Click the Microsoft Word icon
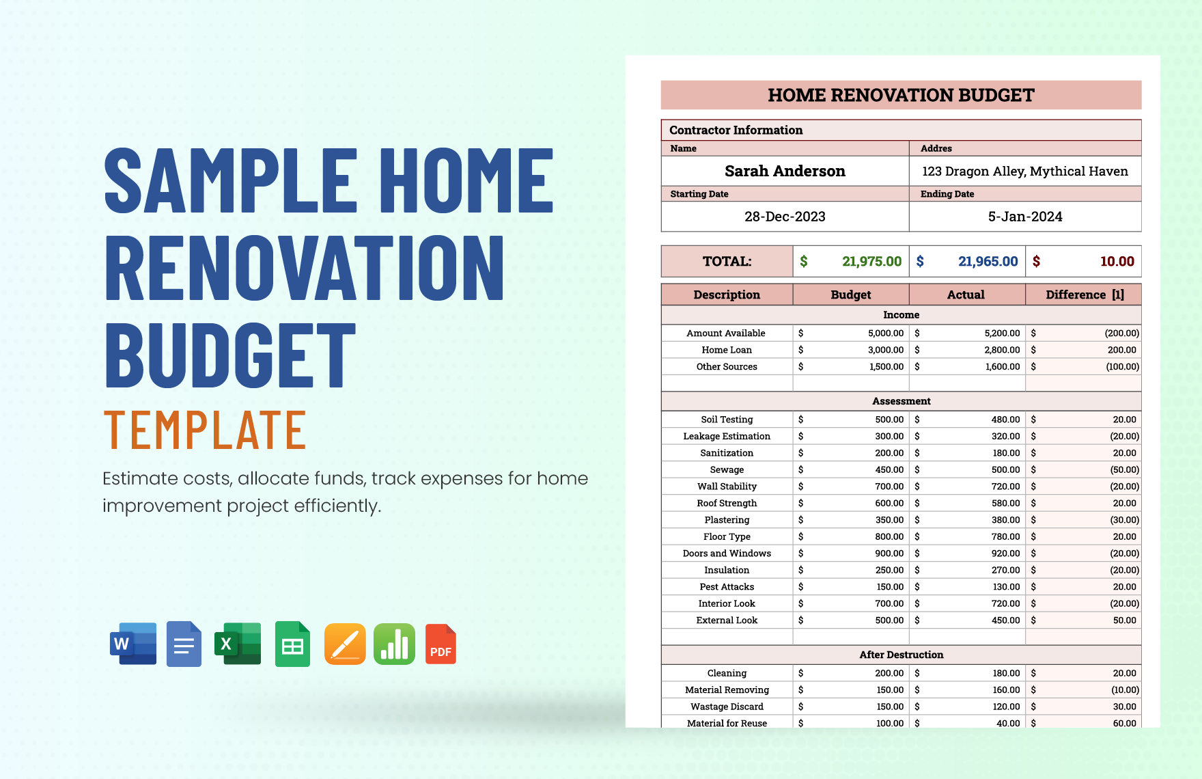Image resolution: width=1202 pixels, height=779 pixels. pyautogui.click(x=133, y=643)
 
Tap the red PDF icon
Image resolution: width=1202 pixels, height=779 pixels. pyautogui.click(x=441, y=644)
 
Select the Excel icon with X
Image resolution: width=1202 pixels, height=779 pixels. pyautogui.click(x=238, y=643)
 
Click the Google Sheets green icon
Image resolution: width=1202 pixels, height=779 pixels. pyautogui.click(x=292, y=644)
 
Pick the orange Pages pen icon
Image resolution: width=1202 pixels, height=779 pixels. pyautogui.click(x=345, y=644)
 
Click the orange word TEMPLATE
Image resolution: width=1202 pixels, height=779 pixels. pyautogui.click(x=205, y=430)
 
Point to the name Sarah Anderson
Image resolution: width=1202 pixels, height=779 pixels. pyautogui.click(x=785, y=171)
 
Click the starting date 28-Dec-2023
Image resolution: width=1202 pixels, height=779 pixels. pyautogui.click(x=785, y=217)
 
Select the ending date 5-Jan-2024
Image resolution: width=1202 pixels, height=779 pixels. pyautogui.click(x=1024, y=217)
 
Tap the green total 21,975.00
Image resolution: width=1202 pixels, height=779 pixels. pyautogui.click(x=871, y=261)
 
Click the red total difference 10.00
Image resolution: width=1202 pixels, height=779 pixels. pyautogui.click(x=1117, y=261)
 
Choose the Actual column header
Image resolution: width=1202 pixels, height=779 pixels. pyautogui.click(x=966, y=295)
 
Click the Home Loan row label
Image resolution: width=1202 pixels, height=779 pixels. pyautogui.click(x=727, y=350)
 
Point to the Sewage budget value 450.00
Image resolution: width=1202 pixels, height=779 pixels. pyautogui.click(x=889, y=469)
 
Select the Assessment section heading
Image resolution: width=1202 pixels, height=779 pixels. pyautogui.click(x=901, y=401)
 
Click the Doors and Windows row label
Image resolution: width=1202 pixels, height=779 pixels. pyautogui.click(x=727, y=553)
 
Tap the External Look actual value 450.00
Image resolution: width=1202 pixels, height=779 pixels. pyautogui.click(x=1005, y=620)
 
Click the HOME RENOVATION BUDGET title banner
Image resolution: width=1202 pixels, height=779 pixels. pyautogui.click(x=901, y=95)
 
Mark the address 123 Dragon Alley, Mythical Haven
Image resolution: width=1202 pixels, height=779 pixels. pyautogui.click(x=1024, y=171)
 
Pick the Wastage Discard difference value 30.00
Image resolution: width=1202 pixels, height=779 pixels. pyautogui.click(x=1124, y=707)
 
